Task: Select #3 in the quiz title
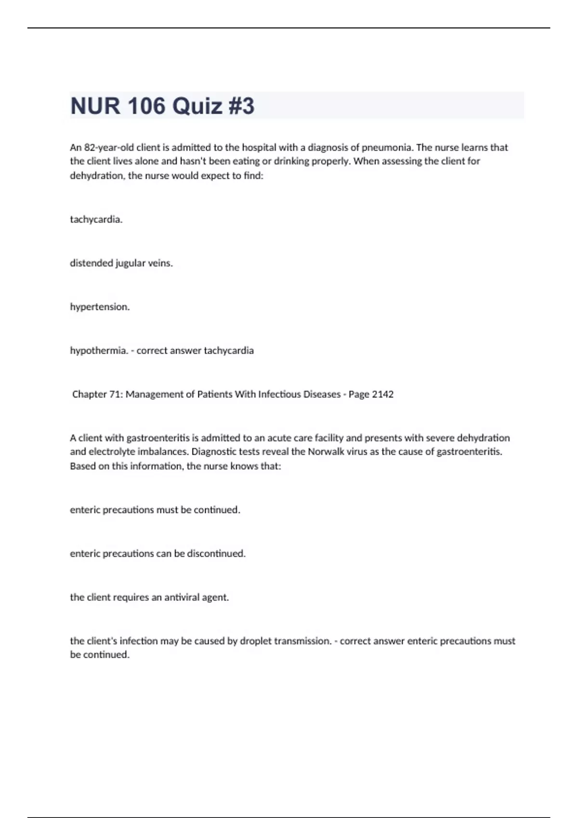pos(241,106)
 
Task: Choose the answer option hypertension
pos(100,307)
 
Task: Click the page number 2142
pos(382,395)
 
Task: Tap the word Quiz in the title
pos(197,106)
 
